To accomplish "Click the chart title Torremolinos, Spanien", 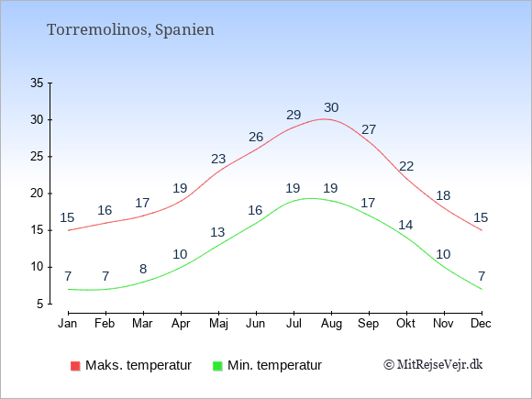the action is [x=130, y=30].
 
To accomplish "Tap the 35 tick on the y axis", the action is [x=37, y=83].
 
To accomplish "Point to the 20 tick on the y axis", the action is [x=37, y=194].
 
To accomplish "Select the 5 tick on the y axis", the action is [x=40, y=304].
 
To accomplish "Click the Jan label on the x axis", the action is [x=68, y=324].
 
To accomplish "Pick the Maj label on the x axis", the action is [x=218, y=324].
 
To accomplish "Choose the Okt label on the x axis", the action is [x=405, y=324].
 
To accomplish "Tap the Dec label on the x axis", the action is [x=482, y=324].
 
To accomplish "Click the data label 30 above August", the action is [x=331, y=107].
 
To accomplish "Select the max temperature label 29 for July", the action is [x=294, y=115].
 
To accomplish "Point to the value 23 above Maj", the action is [x=218, y=159].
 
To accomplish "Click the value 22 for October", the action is [x=406, y=166].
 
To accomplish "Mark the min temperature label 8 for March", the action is [x=143, y=269].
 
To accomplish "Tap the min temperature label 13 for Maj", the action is [x=217, y=232].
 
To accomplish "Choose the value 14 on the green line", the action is [x=405, y=225].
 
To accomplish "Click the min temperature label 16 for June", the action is [x=255, y=210].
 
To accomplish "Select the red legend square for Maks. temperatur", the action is [x=75, y=366].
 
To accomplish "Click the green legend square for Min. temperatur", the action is [x=217, y=366].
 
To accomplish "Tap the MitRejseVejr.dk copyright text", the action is [x=433, y=365].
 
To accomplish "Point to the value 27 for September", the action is [x=369, y=129].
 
